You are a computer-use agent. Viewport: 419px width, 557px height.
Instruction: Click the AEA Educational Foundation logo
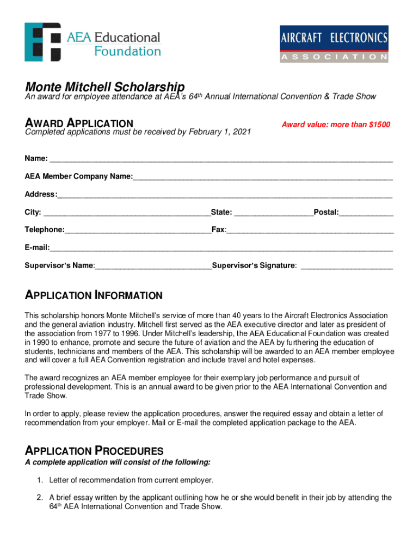point(93,42)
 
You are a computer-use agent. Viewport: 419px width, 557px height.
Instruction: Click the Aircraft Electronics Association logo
point(334,44)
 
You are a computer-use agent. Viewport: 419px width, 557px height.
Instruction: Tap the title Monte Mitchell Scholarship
point(104,87)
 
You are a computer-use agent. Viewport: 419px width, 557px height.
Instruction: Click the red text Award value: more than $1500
point(336,125)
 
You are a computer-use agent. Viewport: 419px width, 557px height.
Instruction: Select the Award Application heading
point(79,124)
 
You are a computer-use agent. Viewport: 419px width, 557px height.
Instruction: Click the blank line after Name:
point(220,159)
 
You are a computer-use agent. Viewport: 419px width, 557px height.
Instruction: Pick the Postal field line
point(366,212)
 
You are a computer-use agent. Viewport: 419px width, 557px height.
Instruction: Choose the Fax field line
point(310,230)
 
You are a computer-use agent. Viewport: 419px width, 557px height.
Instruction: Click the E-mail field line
point(221,248)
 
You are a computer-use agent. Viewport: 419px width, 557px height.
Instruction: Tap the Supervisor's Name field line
point(153,266)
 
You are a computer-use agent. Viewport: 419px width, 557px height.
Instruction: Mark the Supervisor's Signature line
point(347,266)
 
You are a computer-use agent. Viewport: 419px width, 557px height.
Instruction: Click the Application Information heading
point(94,296)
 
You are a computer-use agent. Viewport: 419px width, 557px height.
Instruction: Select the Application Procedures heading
point(94,451)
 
